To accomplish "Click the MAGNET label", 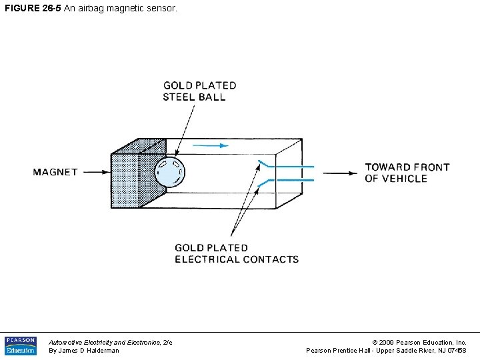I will coord(55,172).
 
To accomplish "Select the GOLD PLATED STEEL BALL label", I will coord(199,91).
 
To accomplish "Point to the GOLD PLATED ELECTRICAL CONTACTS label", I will coord(237,253).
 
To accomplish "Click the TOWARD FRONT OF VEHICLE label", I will coord(407,173).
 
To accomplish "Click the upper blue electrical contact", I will coord(287,165).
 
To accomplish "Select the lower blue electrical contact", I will coord(287,181).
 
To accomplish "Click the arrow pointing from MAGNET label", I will coord(95,172).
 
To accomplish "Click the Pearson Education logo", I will coord(21,345).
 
